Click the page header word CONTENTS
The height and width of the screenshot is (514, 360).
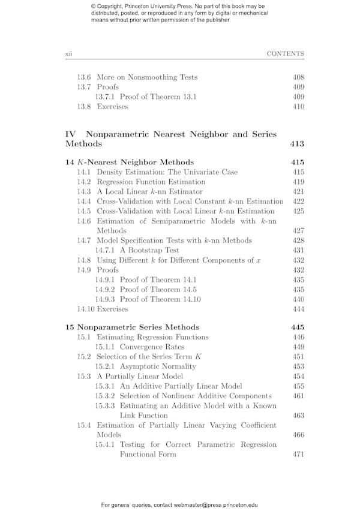[x=285, y=54]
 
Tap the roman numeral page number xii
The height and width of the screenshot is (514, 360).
[x=68, y=54]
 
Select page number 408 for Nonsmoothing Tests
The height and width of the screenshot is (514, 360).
[x=298, y=77]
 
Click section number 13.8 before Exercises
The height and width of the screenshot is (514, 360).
[x=84, y=107]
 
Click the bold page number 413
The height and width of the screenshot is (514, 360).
[x=297, y=144]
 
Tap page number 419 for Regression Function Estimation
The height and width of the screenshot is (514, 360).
[x=298, y=182]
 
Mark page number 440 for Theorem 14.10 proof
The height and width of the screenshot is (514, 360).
[x=298, y=299]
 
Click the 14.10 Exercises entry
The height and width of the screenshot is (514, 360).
[x=102, y=309]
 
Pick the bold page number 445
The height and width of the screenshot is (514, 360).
[x=298, y=327]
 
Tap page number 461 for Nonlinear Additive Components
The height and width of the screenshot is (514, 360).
[x=298, y=396]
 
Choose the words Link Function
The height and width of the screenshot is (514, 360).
[x=143, y=416]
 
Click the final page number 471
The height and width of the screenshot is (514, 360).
[x=298, y=455]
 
